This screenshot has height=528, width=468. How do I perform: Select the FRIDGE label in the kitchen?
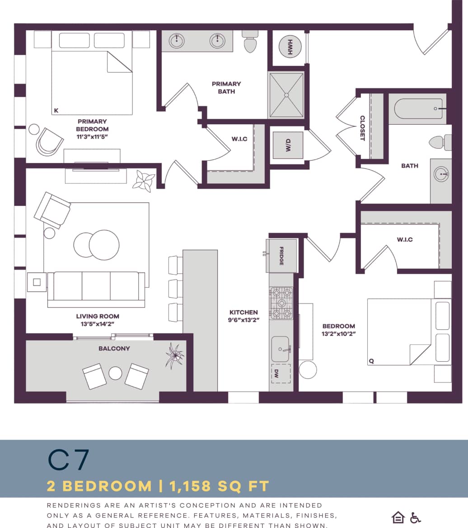coord(281,256)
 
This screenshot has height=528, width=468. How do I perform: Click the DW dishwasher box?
coord(281,373)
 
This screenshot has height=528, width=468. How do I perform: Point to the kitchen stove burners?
coord(281,303)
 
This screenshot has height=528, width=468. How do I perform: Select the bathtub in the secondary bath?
coord(418,109)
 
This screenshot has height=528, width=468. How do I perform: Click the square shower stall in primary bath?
coord(286,95)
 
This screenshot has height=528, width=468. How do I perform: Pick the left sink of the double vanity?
coord(177,41)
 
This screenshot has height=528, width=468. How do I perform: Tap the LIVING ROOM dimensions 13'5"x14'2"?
coord(98,324)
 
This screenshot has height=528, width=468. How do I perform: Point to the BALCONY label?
coord(114,348)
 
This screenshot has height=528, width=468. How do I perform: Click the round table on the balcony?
coord(115,374)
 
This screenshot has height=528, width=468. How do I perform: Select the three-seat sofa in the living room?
coord(96,288)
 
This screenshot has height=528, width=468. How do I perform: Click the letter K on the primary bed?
coord(56,110)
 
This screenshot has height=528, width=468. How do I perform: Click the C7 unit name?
coord(69,459)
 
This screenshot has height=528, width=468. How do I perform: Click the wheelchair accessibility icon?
coord(415,517)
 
